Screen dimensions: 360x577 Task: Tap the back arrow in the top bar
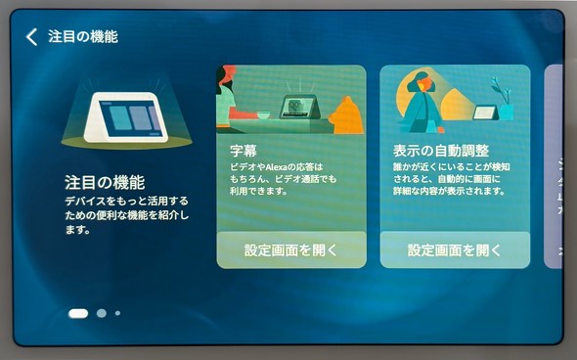[31, 37]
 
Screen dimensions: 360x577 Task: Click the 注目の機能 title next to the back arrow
[83, 37]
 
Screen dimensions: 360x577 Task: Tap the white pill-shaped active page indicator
[78, 313]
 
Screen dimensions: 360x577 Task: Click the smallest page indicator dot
[117, 313]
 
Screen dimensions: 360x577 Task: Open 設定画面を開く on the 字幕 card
[291, 249]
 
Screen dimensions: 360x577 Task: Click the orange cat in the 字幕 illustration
[345, 115]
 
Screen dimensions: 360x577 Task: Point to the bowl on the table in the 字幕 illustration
[264, 116]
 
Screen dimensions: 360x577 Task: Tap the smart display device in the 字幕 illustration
[297, 107]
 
